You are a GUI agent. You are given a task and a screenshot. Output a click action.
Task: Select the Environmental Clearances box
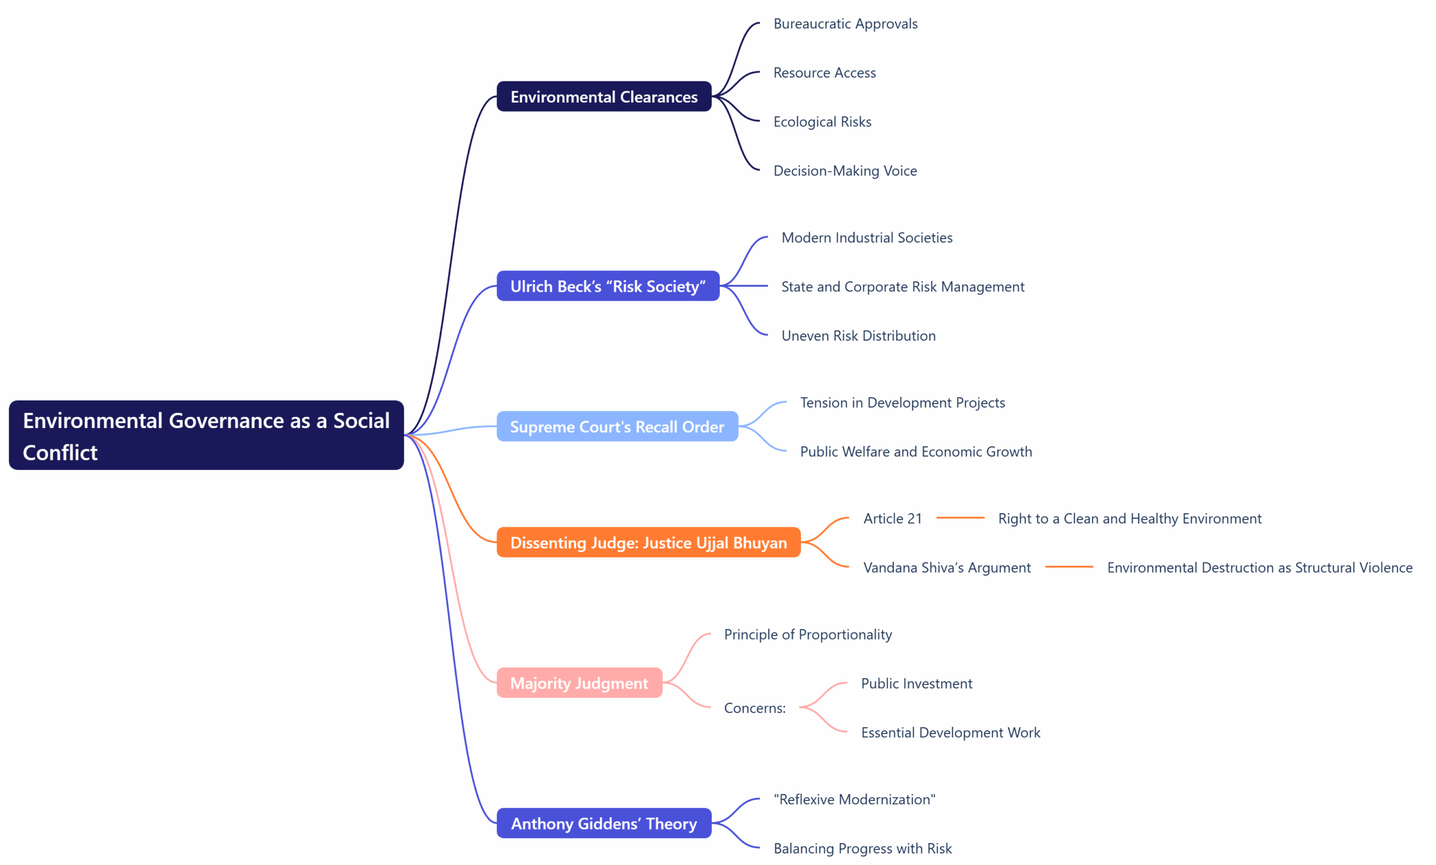(x=604, y=96)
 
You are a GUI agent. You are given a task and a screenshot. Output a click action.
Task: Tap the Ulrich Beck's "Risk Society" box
(x=608, y=286)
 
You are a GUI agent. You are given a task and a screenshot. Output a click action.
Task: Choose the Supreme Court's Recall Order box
(x=616, y=427)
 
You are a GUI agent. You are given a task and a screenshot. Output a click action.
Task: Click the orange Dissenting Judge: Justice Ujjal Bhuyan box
(x=648, y=542)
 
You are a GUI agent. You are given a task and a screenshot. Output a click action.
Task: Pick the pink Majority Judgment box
(x=579, y=683)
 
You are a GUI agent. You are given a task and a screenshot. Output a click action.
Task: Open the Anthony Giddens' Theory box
(x=604, y=823)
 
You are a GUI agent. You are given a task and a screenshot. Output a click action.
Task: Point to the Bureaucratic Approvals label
(x=845, y=24)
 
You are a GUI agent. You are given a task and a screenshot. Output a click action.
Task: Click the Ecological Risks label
(x=822, y=122)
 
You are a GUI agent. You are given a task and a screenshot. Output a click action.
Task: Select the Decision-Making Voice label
(x=844, y=171)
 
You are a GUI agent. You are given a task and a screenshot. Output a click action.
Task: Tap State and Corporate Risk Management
(x=902, y=287)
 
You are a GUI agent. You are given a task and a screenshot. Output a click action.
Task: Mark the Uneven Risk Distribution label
(x=858, y=336)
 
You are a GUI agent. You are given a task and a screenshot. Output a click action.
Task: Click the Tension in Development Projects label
(x=902, y=403)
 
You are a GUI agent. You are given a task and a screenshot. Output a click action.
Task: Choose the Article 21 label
(x=892, y=519)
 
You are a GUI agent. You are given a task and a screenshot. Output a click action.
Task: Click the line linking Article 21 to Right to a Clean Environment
(x=960, y=518)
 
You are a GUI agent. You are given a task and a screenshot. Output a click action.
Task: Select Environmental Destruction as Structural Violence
(x=1259, y=568)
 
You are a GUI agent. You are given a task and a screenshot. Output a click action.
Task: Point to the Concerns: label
(x=754, y=708)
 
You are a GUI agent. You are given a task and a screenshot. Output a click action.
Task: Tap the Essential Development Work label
(x=950, y=733)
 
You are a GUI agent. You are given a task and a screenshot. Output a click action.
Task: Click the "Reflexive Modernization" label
(x=854, y=800)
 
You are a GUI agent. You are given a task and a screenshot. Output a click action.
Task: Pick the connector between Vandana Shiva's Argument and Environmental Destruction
(x=1069, y=567)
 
